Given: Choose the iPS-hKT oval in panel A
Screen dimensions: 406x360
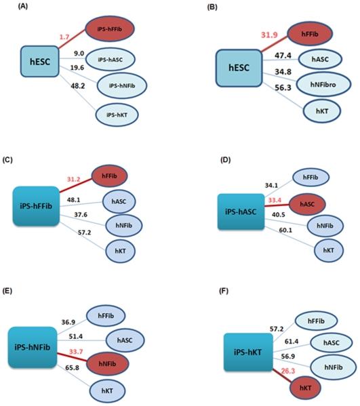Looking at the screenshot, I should point(117,115).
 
